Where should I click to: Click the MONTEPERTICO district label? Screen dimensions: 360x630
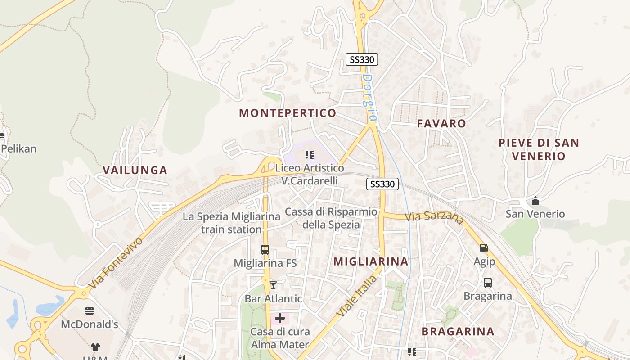pos(288,113)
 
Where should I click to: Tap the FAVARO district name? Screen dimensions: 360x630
pos(441,123)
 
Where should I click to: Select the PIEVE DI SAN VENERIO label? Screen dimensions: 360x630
pos(538,149)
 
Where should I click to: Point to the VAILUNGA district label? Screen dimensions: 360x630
pos(135,170)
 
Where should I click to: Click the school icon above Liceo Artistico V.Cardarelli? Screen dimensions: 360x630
pos(310,155)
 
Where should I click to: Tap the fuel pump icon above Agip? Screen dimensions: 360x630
pos(484,247)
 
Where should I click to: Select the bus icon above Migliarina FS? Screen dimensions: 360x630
pos(265,250)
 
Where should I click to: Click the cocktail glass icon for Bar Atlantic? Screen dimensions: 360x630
pos(273,285)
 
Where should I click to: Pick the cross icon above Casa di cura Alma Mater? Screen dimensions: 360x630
pos(280,319)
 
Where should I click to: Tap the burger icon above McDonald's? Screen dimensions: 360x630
pos(89,310)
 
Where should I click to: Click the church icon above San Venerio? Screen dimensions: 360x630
pos(535,200)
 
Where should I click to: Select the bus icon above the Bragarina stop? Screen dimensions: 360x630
pos(487,283)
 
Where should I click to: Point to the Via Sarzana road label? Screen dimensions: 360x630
pos(434,217)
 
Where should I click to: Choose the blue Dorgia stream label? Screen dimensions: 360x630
pos(368,97)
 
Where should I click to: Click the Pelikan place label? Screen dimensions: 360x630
pos(18,148)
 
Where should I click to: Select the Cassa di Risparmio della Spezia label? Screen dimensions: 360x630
pos(331,218)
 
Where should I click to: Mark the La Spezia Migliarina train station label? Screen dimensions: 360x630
pos(231,223)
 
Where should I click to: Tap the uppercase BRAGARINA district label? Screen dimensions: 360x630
pos(458,332)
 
